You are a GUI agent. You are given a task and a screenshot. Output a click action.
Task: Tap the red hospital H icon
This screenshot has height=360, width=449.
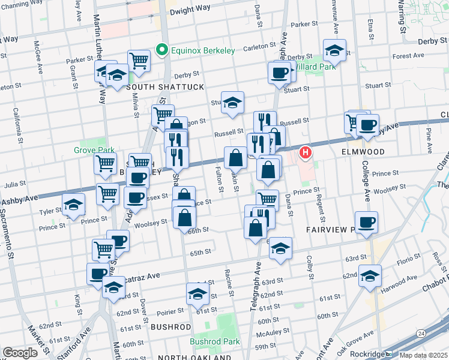point(306,153)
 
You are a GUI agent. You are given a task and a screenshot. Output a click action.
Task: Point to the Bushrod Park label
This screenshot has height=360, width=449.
point(214,342)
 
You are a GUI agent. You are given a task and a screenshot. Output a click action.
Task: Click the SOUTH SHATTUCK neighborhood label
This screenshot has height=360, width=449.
point(158,88)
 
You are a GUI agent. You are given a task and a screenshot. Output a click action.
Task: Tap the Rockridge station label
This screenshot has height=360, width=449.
point(367,354)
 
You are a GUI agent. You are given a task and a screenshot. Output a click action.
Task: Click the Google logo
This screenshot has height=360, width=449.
point(20,353)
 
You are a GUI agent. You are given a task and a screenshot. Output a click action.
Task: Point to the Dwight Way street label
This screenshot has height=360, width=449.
point(190,11)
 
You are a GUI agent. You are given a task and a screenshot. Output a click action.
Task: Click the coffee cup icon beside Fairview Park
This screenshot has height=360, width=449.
point(366,222)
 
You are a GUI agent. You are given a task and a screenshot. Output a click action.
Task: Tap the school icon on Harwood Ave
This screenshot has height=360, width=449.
point(370,275)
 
